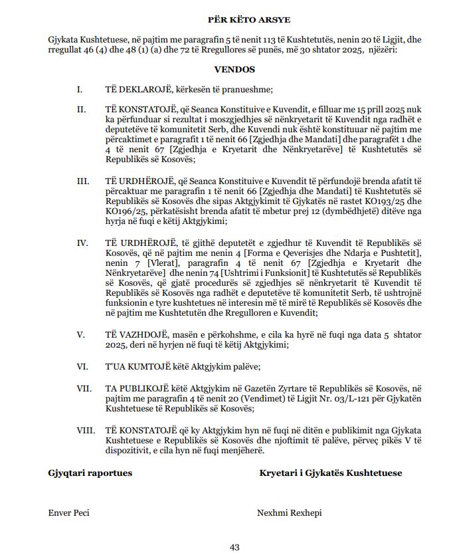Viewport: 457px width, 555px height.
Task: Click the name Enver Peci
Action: [68, 512]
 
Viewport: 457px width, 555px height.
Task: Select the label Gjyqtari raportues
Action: [90, 473]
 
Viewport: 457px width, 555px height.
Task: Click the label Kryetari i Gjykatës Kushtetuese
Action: [330, 473]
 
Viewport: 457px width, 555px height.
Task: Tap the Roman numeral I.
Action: [80, 90]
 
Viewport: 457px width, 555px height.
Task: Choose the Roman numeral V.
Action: [80, 334]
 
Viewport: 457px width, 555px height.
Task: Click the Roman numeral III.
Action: [82, 180]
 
